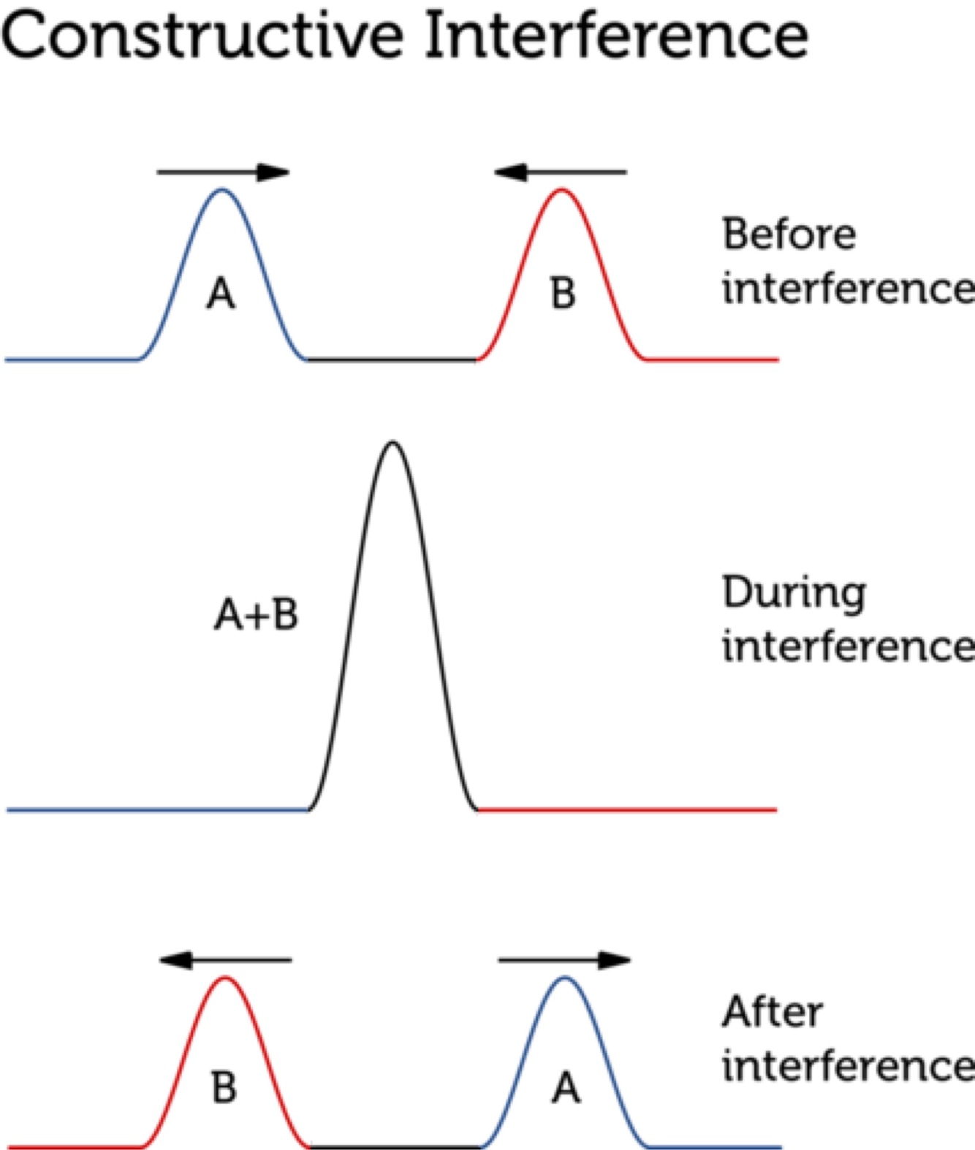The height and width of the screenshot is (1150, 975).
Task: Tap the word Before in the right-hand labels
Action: coord(789,235)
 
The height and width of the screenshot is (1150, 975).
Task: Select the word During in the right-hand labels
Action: coord(794,593)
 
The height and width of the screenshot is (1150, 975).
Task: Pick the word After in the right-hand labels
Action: coord(772,1013)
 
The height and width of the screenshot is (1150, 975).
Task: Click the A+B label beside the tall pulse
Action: coord(256,614)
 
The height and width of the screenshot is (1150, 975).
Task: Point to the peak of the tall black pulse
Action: coord(393,443)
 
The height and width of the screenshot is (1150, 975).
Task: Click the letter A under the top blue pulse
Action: coord(221,294)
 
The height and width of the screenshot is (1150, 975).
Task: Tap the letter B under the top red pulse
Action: coord(563,294)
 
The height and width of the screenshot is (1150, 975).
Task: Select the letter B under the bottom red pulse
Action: coord(224,1087)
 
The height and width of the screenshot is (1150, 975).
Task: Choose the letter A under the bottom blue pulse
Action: coord(566,1088)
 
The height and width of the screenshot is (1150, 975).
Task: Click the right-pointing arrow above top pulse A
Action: coord(224,172)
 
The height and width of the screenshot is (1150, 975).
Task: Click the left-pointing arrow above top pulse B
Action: coord(560,172)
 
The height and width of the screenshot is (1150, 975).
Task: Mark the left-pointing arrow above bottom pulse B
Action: coord(225,960)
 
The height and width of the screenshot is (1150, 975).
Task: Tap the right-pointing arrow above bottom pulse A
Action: coord(564,960)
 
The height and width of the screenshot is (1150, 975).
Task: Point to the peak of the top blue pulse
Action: coord(223,191)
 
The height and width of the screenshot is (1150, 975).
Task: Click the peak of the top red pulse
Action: coord(561,191)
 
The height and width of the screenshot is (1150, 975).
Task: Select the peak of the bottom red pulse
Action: coord(226,978)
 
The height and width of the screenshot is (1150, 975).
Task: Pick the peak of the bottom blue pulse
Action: coord(565,978)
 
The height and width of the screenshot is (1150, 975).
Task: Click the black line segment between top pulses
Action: coord(392,359)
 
